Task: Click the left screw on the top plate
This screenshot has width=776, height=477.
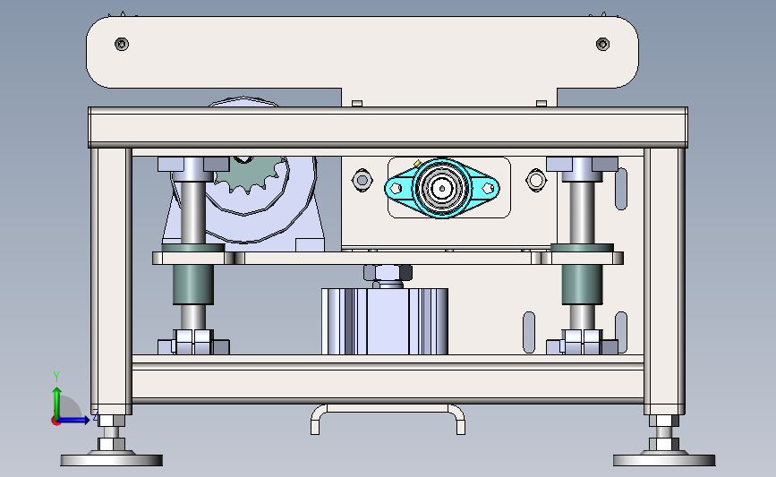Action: tap(122, 43)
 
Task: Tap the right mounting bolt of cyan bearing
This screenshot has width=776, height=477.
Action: tap(488, 188)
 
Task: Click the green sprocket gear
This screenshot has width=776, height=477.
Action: tap(248, 176)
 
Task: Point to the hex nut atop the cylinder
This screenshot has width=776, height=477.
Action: tap(388, 273)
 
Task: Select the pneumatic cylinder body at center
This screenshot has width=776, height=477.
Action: tap(385, 320)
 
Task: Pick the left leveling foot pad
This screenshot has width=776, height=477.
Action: tap(112, 459)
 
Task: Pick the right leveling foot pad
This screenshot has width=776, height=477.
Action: tap(663, 459)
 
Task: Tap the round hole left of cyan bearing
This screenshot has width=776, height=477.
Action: tap(362, 181)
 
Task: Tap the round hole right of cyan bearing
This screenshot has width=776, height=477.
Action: tap(536, 181)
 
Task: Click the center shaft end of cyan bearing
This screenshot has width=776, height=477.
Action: tap(441, 188)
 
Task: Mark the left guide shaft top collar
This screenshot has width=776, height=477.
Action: tap(192, 165)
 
